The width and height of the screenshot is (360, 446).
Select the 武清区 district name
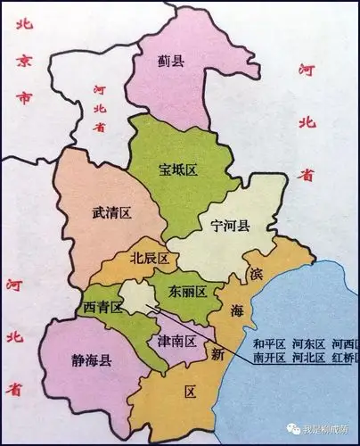point(111,213)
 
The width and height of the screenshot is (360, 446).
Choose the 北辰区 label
point(150,259)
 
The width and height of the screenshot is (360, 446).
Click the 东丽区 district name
point(189,292)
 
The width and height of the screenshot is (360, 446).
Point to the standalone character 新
point(217,355)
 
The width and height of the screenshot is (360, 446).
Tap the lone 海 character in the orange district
point(237,311)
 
